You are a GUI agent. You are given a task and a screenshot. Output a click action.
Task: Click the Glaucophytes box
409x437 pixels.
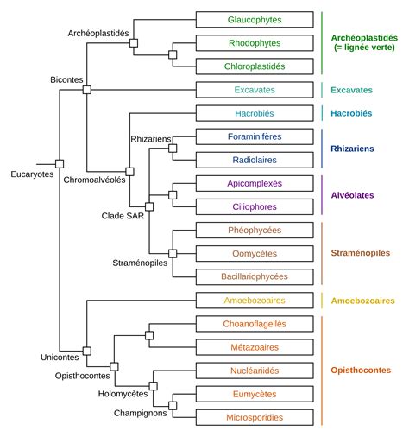[255, 19]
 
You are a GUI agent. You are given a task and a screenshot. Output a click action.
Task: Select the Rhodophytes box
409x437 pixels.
[255, 42]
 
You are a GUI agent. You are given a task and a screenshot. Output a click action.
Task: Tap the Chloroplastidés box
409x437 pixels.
[255, 66]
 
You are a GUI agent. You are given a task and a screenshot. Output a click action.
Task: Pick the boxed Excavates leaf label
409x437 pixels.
[255, 89]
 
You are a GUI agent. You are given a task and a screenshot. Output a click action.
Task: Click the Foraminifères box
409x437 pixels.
[255, 136]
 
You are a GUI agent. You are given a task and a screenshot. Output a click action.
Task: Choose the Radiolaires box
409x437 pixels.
[255, 160]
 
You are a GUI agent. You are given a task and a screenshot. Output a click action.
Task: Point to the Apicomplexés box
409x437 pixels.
[255, 183]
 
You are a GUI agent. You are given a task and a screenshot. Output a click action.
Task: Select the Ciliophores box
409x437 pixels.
[255, 206]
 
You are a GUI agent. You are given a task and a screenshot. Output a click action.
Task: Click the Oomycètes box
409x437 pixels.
[255, 253]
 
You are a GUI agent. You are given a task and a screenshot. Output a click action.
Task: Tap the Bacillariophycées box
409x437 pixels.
[255, 276]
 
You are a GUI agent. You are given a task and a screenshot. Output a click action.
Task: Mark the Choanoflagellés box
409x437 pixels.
[255, 323]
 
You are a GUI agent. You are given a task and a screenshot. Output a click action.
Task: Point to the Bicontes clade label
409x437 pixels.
[66, 79]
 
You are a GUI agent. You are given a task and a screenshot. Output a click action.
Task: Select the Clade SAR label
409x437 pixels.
[124, 215]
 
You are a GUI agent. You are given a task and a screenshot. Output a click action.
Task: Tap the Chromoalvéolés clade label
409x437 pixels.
[95, 180]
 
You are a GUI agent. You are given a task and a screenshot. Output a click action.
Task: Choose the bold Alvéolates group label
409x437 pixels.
[354, 195]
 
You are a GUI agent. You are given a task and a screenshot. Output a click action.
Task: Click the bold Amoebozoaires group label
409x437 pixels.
[362, 301]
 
